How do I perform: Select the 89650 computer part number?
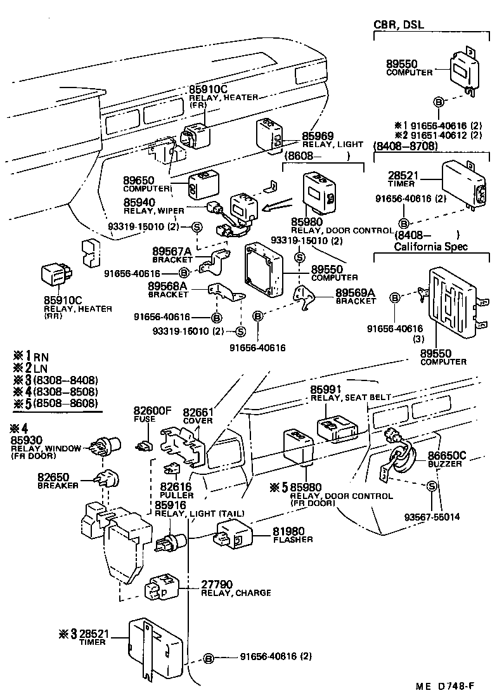point(138,181)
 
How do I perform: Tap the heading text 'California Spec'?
point(430,246)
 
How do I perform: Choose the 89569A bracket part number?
point(355,292)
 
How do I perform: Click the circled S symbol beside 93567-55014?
point(431,486)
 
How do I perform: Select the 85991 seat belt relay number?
point(326,389)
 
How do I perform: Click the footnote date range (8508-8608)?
point(66,403)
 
